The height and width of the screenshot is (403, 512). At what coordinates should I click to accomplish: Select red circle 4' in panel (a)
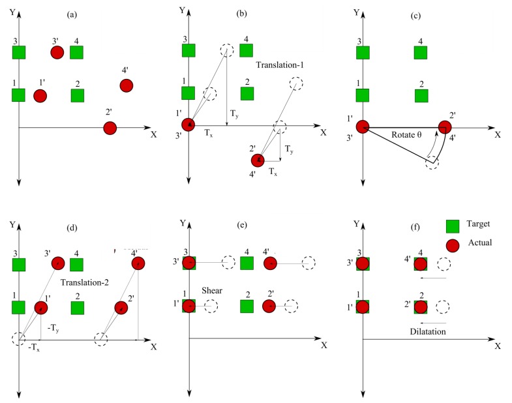126,85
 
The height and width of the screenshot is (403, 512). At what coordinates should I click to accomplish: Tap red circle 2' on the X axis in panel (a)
110,128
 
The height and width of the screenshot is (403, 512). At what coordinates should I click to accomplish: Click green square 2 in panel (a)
78,95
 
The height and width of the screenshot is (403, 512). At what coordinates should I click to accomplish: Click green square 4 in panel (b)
247,51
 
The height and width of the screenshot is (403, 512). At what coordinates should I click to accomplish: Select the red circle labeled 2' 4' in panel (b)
259,160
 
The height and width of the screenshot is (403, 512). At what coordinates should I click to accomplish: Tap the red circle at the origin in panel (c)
363,127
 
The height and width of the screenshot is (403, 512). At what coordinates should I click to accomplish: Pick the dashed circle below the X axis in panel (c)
431,162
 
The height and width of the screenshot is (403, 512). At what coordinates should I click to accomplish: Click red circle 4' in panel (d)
137,263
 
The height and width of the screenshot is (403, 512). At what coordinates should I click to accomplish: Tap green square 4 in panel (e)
247,263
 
